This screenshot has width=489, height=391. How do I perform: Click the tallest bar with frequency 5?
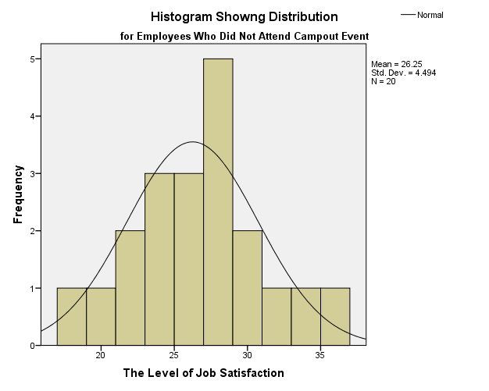(x=218, y=201)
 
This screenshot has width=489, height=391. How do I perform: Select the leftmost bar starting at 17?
(x=72, y=316)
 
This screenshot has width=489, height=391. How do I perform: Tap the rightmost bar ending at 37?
(x=335, y=316)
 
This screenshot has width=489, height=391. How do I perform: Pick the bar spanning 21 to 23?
(x=130, y=287)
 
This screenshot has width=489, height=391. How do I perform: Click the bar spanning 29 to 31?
(x=248, y=287)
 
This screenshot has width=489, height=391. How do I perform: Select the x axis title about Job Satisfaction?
(x=203, y=373)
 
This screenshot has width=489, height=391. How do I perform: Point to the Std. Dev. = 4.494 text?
(x=403, y=73)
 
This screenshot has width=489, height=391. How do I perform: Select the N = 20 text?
(x=384, y=81)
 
